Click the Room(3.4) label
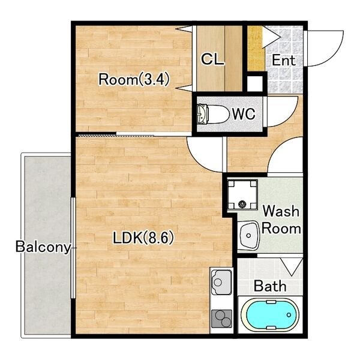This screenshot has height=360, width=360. coord(134,79)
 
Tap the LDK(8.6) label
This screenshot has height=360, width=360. coord(143,238)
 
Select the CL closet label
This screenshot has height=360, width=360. coord(212,59)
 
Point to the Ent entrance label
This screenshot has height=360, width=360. coord(284,60)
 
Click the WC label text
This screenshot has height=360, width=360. coord(244,113)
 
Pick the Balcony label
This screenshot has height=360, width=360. coord(43,247)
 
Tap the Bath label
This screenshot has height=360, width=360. coord(270,286)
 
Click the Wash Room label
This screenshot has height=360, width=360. coord(281,220)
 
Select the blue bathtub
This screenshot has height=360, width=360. coord(270,315)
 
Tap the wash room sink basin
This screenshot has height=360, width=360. coord(248,235)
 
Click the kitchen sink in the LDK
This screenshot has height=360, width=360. coord(221,282)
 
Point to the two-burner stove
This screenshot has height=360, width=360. coord(221,319)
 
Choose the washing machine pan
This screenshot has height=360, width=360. coord(242,195)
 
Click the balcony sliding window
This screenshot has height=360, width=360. coord(73,248)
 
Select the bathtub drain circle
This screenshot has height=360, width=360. coord(289,315)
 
